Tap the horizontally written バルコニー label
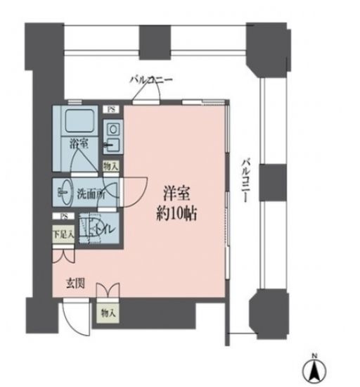(150, 80)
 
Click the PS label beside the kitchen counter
(111, 109)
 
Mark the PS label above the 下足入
(63, 217)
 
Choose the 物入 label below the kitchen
(110, 166)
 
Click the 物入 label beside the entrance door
(108, 311)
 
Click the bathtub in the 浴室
(78, 123)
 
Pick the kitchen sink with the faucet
(112, 146)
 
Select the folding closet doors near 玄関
(108, 290)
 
